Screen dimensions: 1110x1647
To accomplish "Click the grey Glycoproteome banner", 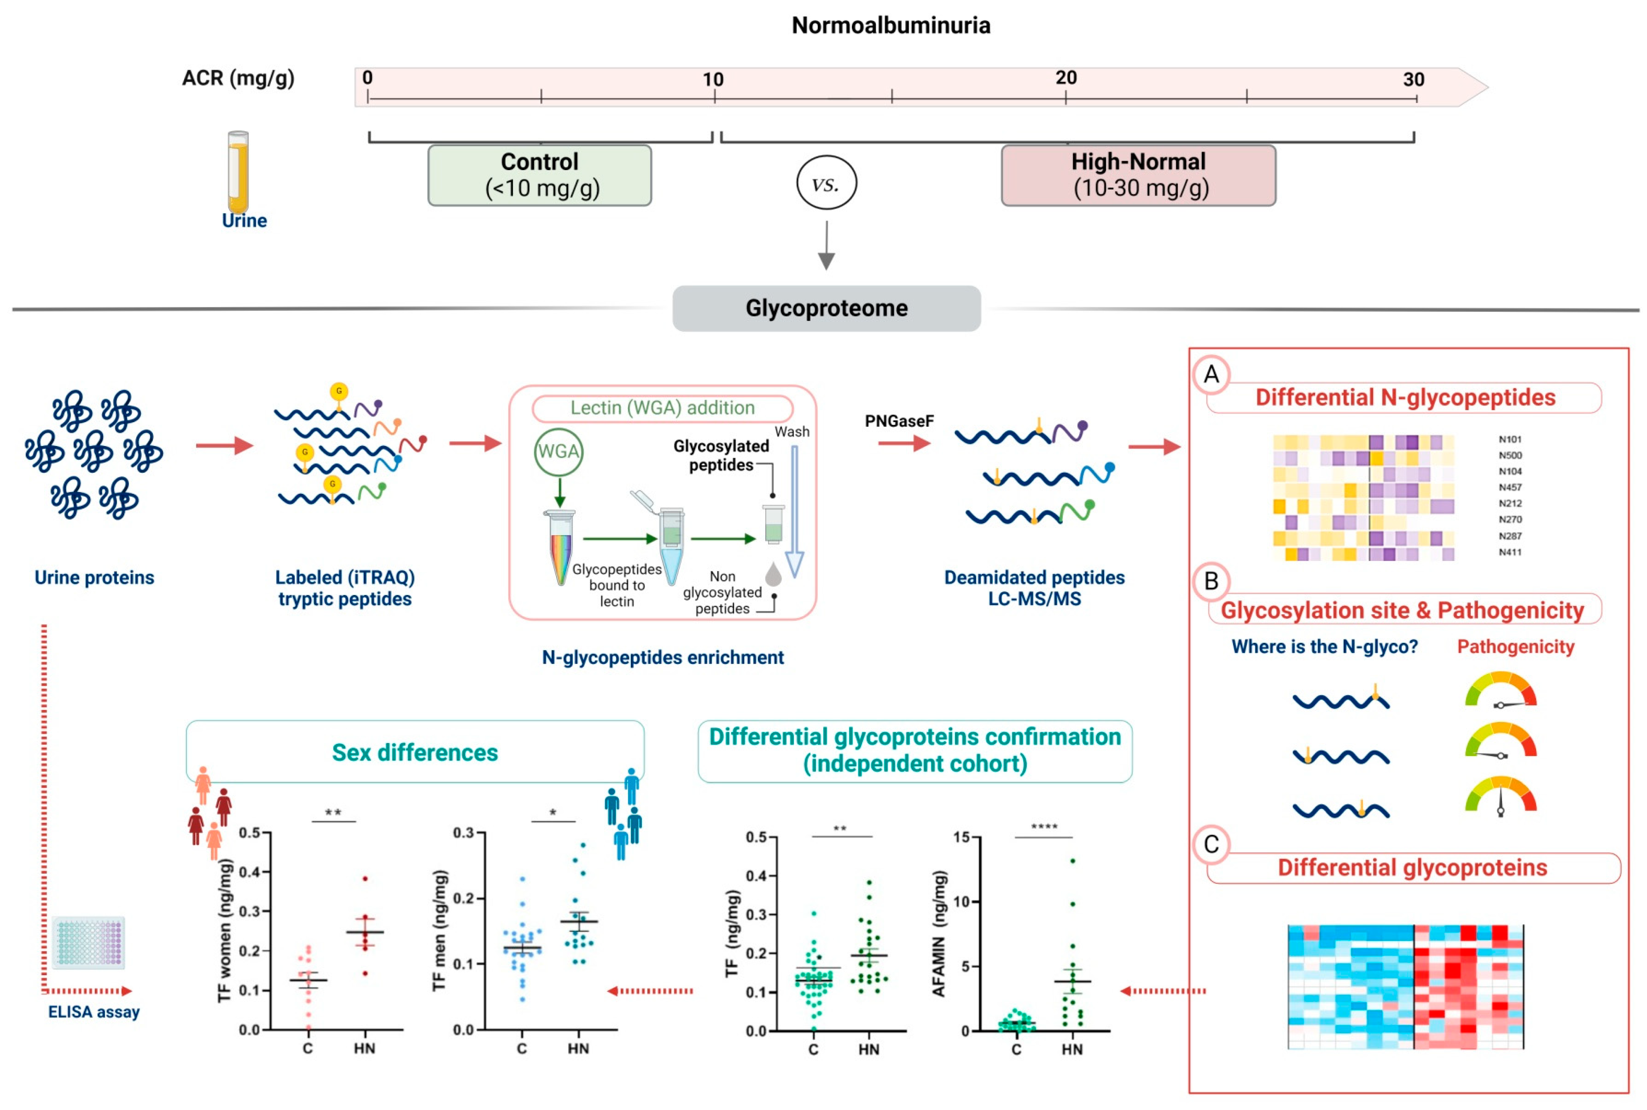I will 826,308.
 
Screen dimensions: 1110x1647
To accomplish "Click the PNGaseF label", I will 899,421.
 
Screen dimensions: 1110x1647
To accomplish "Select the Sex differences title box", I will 415,752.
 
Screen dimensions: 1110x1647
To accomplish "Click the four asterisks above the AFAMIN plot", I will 1044,827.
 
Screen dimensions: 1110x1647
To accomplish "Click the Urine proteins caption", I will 94,578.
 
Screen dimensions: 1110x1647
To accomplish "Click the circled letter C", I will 1211,845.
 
